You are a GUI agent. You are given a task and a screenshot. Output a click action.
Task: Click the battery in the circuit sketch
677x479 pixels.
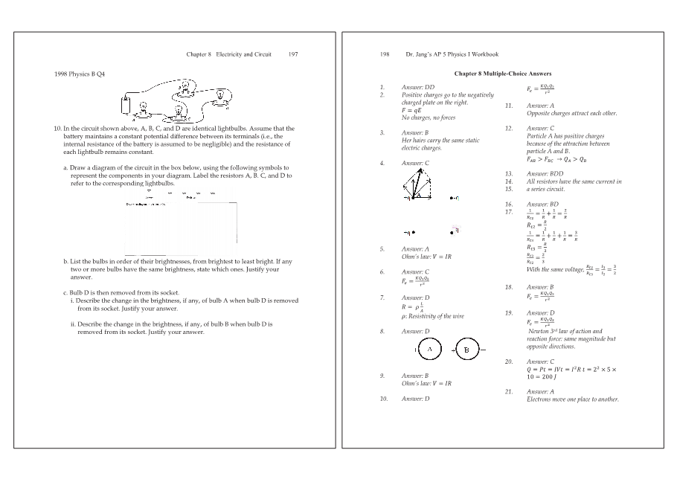(x=127, y=103)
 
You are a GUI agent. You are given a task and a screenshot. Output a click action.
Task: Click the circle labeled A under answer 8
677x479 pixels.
(x=429, y=349)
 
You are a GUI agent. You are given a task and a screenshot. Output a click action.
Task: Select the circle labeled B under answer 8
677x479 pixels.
(x=466, y=349)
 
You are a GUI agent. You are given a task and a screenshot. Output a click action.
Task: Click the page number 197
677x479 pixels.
(x=293, y=54)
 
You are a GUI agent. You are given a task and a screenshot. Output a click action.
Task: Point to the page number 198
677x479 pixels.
(x=385, y=54)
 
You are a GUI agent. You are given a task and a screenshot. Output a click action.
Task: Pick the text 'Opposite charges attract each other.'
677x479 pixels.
(x=571, y=113)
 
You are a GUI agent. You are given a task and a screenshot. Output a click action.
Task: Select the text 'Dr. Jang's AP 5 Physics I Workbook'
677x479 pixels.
(x=452, y=54)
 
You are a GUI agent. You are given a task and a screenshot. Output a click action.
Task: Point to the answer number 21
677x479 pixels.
(x=509, y=391)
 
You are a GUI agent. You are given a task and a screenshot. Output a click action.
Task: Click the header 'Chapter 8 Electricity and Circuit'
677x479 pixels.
(x=228, y=54)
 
